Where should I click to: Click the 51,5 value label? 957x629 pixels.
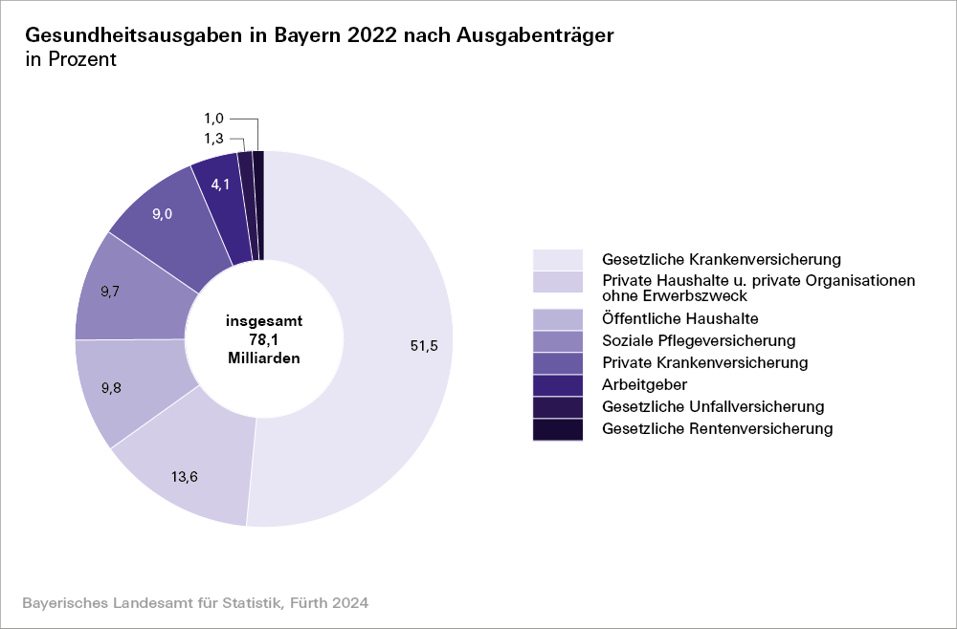click(424, 346)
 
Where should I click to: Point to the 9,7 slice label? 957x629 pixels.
click(110, 292)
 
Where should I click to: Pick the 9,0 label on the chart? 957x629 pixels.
click(163, 215)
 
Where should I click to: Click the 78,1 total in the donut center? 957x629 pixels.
click(264, 339)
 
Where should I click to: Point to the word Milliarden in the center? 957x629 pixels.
click(264, 358)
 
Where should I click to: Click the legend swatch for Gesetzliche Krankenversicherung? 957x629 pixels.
click(558, 259)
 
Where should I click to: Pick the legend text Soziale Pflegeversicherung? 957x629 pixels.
click(699, 340)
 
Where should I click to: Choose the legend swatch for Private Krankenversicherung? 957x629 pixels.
click(558, 363)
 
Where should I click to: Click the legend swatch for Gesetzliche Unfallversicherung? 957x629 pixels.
click(558, 407)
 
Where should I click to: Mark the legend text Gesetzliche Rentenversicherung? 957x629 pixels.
click(717, 429)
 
